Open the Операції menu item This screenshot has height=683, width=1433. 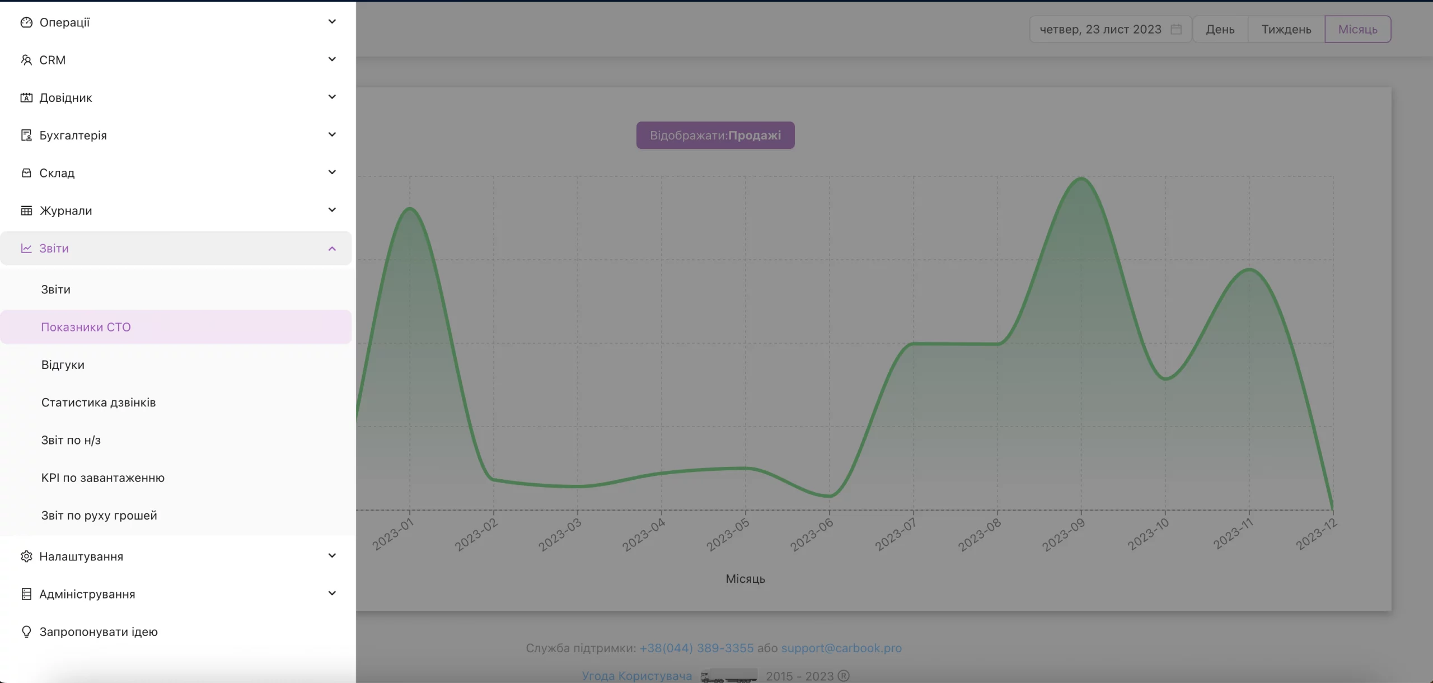pyautogui.click(x=64, y=22)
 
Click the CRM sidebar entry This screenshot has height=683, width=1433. pyautogui.click(x=52, y=60)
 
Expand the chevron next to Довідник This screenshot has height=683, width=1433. pyautogui.click(x=332, y=97)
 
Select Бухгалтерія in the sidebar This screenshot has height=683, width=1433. pyautogui.click(x=73, y=135)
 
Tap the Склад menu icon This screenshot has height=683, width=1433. pyautogui.click(x=26, y=173)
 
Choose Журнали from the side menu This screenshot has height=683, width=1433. pyautogui.click(x=65, y=210)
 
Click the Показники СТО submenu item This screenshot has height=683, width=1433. pyautogui.click(x=86, y=327)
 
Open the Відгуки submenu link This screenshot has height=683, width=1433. pyautogui.click(x=63, y=364)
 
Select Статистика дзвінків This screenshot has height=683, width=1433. pyautogui.click(x=99, y=403)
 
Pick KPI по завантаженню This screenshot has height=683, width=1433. pyautogui.click(x=103, y=478)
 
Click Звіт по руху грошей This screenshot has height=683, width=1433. pyautogui.click(x=99, y=515)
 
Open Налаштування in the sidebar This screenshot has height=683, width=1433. pyautogui.click(x=81, y=556)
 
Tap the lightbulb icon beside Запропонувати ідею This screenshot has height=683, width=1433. pyautogui.click(x=26, y=631)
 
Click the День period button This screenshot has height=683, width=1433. pyautogui.click(x=1220, y=29)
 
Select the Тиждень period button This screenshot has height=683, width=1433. pyautogui.click(x=1286, y=29)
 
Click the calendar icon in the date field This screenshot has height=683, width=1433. pyautogui.click(x=1176, y=29)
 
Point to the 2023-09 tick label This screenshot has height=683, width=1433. pyautogui.click(x=1064, y=534)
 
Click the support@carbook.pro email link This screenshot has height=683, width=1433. pyautogui.click(x=841, y=648)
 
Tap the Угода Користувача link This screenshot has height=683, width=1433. pyautogui.click(x=637, y=676)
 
